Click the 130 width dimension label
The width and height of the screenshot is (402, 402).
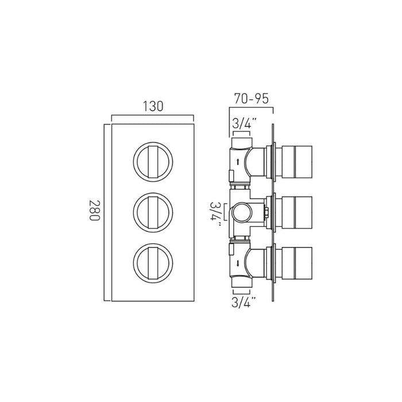tap(153, 106)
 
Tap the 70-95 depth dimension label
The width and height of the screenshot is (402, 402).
tap(252, 98)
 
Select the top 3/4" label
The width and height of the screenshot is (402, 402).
tap(244, 124)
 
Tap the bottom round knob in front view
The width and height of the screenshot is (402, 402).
tap(153, 263)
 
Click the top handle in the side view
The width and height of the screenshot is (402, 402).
tap(297, 162)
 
